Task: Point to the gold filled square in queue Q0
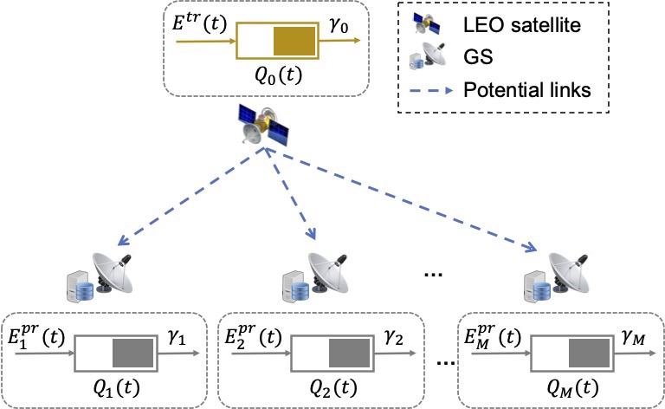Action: coord(295,42)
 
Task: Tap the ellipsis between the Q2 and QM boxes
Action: coord(443,357)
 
